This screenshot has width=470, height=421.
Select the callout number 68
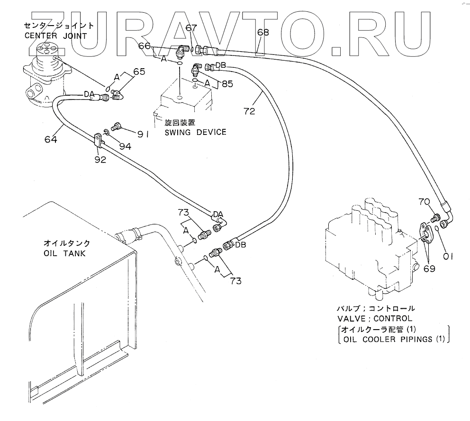[263, 33]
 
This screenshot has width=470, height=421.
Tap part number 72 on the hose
[250, 111]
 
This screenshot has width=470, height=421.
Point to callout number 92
[100, 160]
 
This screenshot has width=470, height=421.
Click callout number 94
[125, 146]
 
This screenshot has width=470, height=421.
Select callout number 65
[139, 72]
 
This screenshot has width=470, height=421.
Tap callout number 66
[145, 46]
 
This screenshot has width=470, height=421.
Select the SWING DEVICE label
[196, 132]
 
